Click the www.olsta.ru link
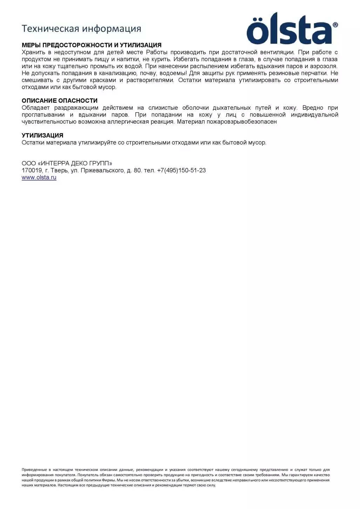point(39,177)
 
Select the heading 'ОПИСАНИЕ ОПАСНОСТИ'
point(60,101)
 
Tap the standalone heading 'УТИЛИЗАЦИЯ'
point(42,135)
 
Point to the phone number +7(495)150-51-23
point(181,170)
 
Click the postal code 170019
point(32,170)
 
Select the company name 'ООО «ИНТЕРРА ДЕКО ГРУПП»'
point(67,163)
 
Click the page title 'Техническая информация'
point(81,28)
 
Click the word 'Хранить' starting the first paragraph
point(32,52)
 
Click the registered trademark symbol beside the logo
point(335,25)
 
